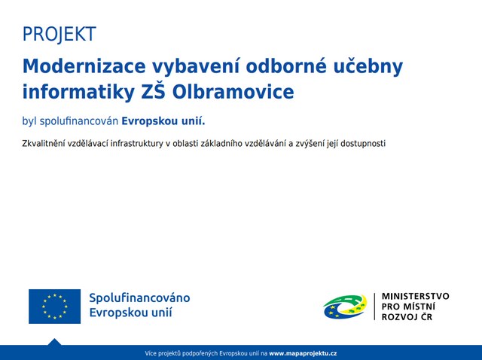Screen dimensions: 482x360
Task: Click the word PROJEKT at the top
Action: pyautogui.click(x=59, y=34)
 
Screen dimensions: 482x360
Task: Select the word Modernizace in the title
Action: pyautogui.click(x=84, y=66)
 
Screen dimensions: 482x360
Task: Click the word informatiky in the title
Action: pyautogui.click(x=78, y=93)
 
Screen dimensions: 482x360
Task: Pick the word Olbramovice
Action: pyautogui.click(x=233, y=92)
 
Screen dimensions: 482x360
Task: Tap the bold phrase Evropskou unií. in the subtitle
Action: pyautogui.click(x=163, y=121)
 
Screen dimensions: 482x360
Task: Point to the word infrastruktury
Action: pyautogui.click(x=137, y=144)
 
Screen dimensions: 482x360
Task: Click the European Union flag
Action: pyautogui.click(x=55, y=307)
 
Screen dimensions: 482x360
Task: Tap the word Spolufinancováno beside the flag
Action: pyautogui.click(x=139, y=298)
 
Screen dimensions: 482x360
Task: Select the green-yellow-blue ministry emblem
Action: pyautogui.click(x=345, y=307)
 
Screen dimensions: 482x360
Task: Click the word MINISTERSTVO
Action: pyautogui.click(x=415, y=297)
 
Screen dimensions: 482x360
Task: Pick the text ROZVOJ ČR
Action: pyautogui.click(x=407, y=316)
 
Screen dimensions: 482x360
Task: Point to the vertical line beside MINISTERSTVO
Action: pyautogui.click(x=375, y=307)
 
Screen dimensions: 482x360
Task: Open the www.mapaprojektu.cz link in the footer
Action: pyautogui.click(x=303, y=353)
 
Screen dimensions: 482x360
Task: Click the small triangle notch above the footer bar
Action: pyautogui.click(x=55, y=342)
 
